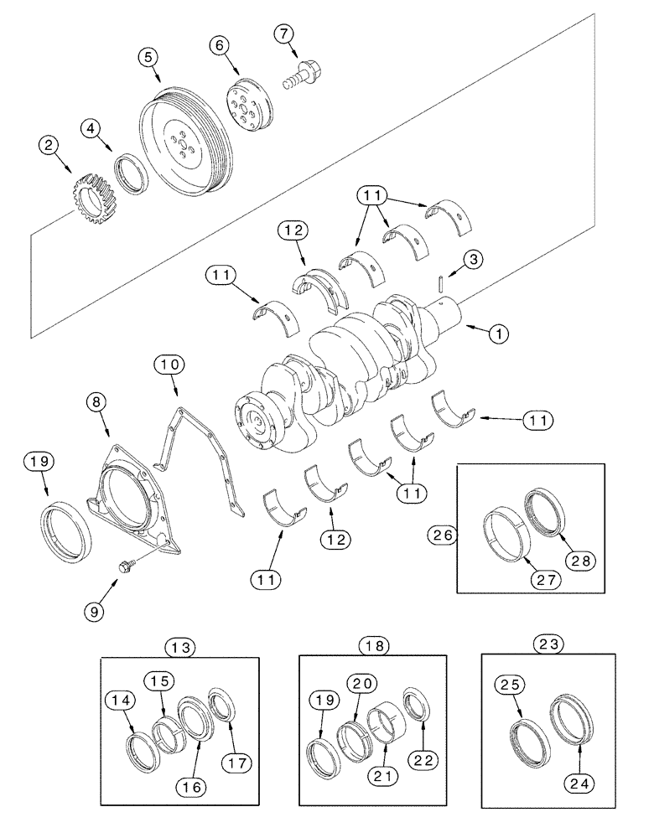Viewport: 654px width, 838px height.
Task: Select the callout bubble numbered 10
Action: point(170,365)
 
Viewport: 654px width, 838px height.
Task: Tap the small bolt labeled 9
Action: point(126,566)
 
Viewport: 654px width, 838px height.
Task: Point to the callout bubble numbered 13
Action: point(181,646)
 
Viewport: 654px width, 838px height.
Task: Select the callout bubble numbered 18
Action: point(373,645)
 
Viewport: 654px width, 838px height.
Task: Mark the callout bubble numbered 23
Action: point(551,645)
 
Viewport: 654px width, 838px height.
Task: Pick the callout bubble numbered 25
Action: point(511,685)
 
